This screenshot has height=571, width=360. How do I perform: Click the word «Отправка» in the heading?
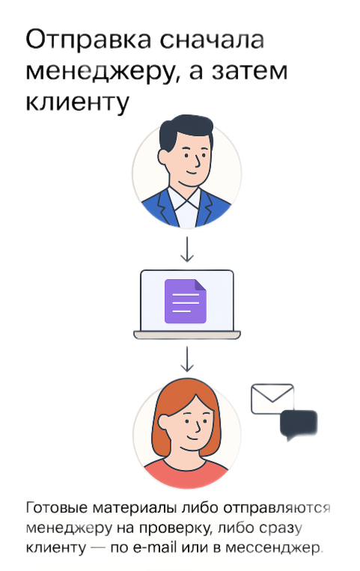click(x=88, y=40)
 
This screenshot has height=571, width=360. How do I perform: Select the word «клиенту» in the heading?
click(x=78, y=102)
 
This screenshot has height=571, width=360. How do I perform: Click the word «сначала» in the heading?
click(x=212, y=40)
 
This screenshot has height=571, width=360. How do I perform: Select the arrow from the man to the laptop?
click(x=187, y=249)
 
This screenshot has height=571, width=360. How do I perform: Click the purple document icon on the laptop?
click(x=186, y=301)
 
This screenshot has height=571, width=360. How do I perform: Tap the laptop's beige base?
click(x=187, y=335)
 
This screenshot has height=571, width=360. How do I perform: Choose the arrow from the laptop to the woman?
click(x=187, y=358)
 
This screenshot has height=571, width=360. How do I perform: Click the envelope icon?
click(x=272, y=399)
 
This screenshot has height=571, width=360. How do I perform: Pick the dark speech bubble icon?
click(x=299, y=425)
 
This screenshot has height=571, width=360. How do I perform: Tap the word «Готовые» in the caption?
click(x=57, y=507)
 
